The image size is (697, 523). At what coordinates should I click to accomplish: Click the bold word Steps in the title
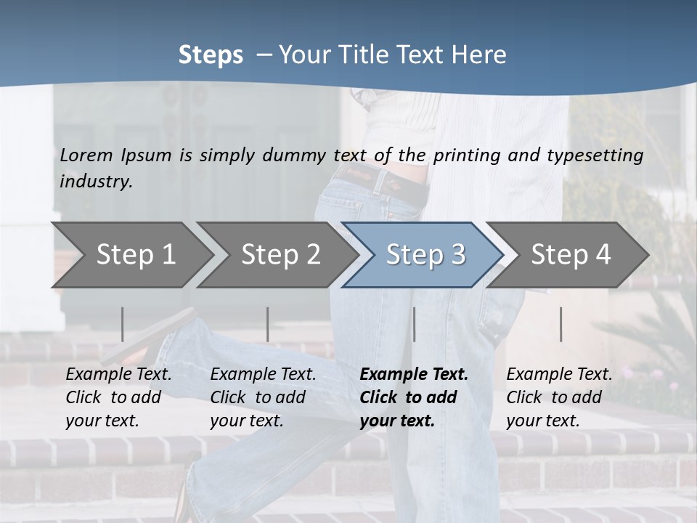[211, 55]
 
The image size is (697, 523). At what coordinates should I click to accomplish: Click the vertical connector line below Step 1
[123, 324]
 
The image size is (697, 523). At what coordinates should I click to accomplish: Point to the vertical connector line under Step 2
[268, 324]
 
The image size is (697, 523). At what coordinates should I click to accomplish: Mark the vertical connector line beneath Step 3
[415, 324]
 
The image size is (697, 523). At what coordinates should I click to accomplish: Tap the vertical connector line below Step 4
[561, 324]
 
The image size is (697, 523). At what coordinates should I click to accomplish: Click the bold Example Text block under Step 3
[414, 397]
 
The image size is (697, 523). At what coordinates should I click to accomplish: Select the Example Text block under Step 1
[118, 397]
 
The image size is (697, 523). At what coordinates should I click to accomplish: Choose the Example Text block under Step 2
[263, 397]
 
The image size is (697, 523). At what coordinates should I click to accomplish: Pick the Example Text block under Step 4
[559, 397]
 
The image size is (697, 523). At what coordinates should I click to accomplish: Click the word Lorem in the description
[86, 155]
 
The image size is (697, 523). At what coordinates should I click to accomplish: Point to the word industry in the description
[96, 181]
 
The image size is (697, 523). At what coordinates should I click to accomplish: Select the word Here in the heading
[482, 55]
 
